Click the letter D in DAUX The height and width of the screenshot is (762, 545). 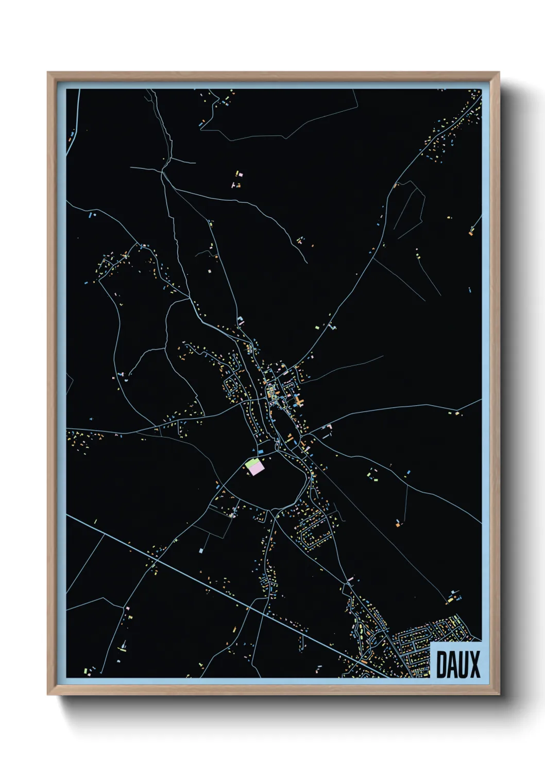441,665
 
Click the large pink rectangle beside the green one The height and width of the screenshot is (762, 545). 257,468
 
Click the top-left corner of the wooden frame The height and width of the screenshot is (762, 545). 48,73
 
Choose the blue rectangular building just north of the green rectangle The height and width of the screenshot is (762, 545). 261,452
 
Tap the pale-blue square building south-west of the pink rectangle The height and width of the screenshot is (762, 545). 200,551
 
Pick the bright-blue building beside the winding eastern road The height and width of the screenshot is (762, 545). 408,472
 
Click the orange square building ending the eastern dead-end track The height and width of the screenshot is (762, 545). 398,525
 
